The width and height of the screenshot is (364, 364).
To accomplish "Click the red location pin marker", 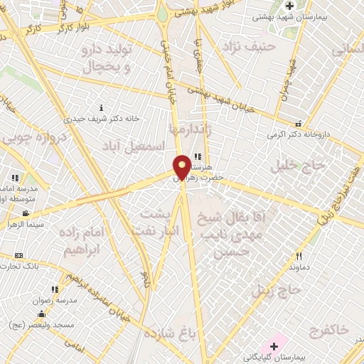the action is (x=182, y=166).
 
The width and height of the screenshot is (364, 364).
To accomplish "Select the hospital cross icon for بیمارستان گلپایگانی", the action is (x=274, y=346).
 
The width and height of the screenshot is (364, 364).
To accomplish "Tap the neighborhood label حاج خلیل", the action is (x=301, y=164).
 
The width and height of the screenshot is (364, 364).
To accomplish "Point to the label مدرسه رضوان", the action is (x=55, y=300).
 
